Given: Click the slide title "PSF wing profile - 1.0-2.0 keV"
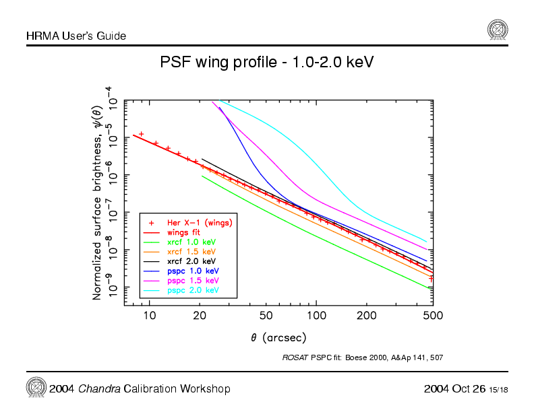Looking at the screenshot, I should pos(266,63).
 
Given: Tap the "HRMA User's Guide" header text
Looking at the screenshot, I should pos(76,35).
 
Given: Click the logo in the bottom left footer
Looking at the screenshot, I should pos(35,387).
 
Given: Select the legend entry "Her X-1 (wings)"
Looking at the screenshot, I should pos(200,221).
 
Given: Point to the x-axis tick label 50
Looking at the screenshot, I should pos(266,315).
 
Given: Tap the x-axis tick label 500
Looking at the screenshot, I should pos(432,315).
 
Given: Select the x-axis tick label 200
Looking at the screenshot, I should pos(366,315).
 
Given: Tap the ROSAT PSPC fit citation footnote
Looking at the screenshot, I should pos(362,357).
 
